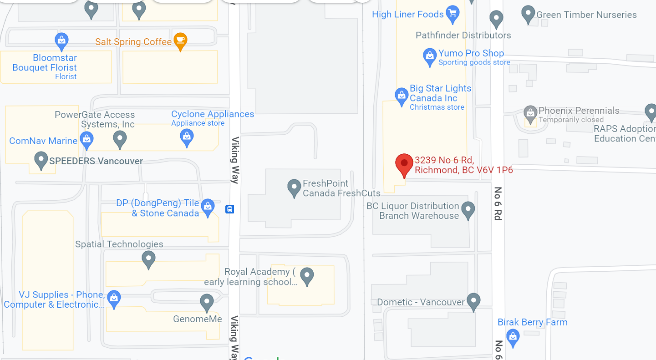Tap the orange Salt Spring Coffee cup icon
(180, 41)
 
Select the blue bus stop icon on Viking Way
(230, 209)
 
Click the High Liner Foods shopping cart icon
(452, 14)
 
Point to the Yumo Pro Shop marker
(430, 56)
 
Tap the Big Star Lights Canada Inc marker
(401, 96)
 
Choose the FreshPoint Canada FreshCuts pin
(294, 187)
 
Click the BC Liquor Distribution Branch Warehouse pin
(468, 210)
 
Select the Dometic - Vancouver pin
(473, 301)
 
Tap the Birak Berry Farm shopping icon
(513, 338)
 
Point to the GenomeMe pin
(207, 302)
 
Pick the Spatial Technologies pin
(148, 259)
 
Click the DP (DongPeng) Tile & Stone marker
(208, 207)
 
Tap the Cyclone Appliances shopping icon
(187, 137)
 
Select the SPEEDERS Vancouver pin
(41, 160)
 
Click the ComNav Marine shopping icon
(86, 139)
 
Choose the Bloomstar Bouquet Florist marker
(61, 41)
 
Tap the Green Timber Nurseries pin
(528, 14)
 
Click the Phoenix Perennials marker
(530, 113)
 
